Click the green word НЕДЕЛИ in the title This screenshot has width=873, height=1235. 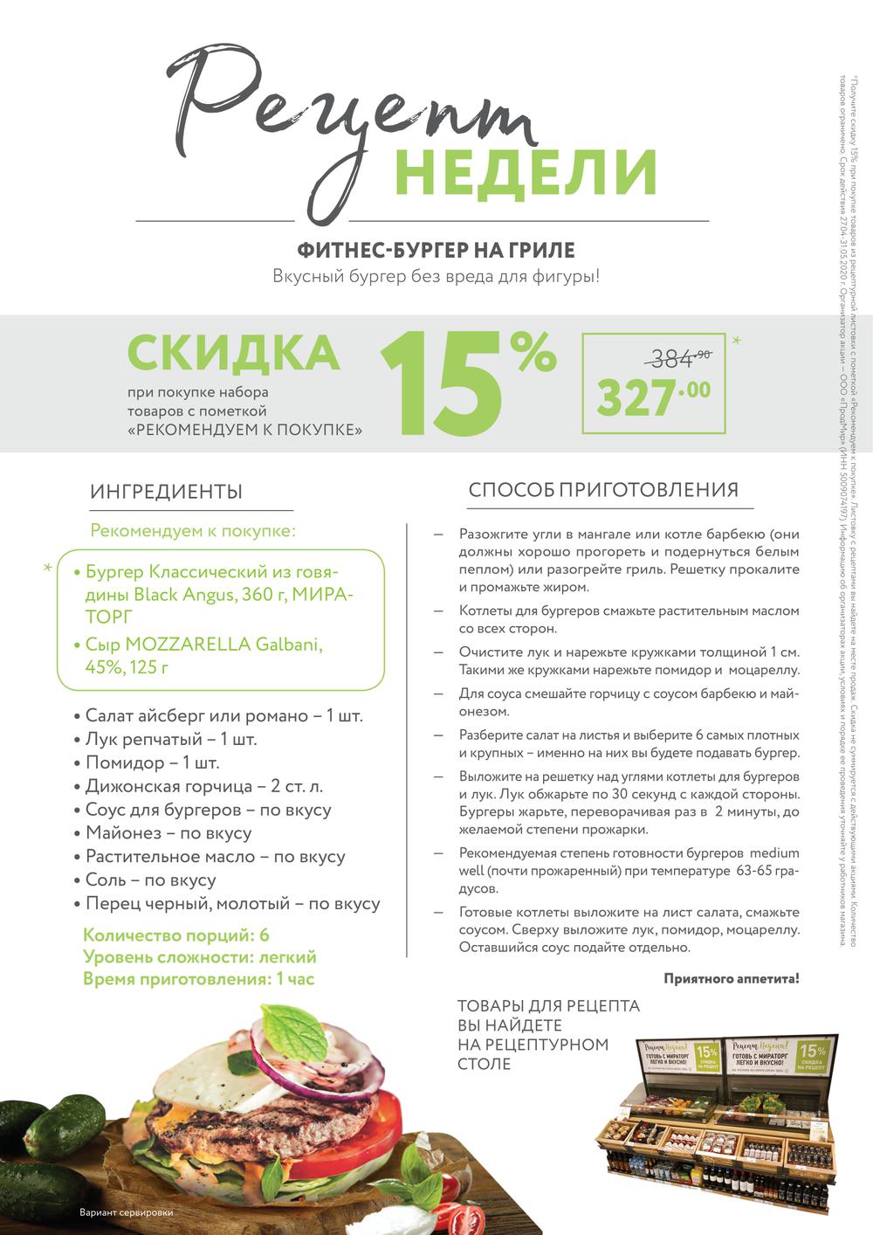tap(525, 171)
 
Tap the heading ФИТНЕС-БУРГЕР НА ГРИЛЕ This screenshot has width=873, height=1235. tap(436, 251)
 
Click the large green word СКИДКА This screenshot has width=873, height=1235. tap(233, 352)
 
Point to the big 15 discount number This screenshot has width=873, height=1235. tap(441, 384)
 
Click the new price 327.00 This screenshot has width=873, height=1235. tap(653, 397)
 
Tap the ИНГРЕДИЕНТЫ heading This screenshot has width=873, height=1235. tap(166, 492)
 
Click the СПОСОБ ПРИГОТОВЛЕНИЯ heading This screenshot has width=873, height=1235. tap(603, 490)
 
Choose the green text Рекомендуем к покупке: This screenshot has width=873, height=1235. tap(194, 531)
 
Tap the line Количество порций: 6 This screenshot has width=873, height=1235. tap(175, 936)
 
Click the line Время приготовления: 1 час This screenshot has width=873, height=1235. tap(198, 979)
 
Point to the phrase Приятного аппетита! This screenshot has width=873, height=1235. tap(731, 979)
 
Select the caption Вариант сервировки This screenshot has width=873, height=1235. tap(126, 1213)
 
